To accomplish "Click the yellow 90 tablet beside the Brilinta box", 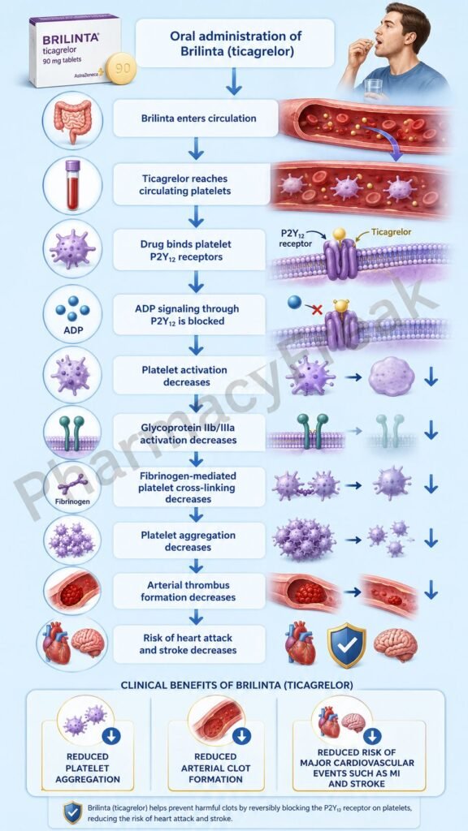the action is click(x=121, y=69).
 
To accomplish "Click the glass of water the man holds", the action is click(x=374, y=89).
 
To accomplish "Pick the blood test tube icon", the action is click(x=72, y=185).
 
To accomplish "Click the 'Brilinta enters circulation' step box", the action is click(x=195, y=118).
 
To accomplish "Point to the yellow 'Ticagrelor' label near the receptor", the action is click(x=391, y=231).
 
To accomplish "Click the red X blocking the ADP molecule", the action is click(x=317, y=309).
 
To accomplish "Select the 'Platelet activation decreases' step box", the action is click(x=190, y=376).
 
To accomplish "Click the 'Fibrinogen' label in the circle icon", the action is click(x=72, y=501).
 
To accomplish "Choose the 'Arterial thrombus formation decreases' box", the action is click(x=189, y=591).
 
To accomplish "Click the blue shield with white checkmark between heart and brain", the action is click(x=346, y=645).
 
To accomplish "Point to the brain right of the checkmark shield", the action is click(x=396, y=644).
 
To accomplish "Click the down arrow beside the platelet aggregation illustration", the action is click(x=431, y=539).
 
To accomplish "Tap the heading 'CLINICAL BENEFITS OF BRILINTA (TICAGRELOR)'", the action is click(x=236, y=685).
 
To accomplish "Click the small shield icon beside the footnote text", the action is click(x=72, y=812).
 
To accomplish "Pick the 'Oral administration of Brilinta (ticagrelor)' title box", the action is click(x=236, y=44).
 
